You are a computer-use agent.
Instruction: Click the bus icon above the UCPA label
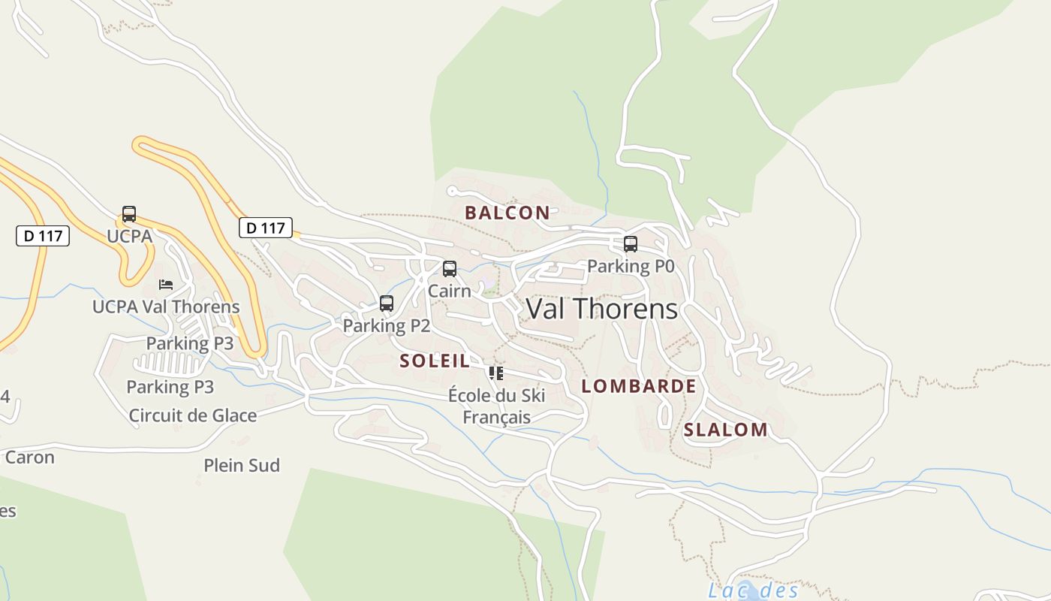click(129, 214)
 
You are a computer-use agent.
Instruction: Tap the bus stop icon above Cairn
click(450, 268)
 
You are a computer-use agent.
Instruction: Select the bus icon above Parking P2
click(387, 304)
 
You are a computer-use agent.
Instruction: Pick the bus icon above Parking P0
click(631, 243)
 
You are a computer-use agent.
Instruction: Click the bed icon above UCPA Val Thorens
click(166, 285)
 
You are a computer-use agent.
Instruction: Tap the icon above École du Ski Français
click(495, 373)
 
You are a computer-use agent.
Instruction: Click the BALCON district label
click(507, 213)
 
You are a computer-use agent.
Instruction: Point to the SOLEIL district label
click(435, 361)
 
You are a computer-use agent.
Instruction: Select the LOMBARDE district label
click(639, 386)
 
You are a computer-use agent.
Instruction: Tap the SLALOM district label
click(725, 430)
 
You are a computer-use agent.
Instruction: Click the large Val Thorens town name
click(601, 309)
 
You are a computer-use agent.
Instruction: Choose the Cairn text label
click(450, 290)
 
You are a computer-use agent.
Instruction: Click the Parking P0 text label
click(631, 265)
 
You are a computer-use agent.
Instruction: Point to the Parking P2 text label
click(387, 325)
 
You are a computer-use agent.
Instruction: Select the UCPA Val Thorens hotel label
click(166, 307)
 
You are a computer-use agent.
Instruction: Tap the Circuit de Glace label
click(193, 415)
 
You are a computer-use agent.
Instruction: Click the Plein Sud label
click(242, 466)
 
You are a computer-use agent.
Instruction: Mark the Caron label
click(30, 458)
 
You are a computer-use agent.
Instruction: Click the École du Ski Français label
click(497, 406)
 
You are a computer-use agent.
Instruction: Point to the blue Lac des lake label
click(753, 590)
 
